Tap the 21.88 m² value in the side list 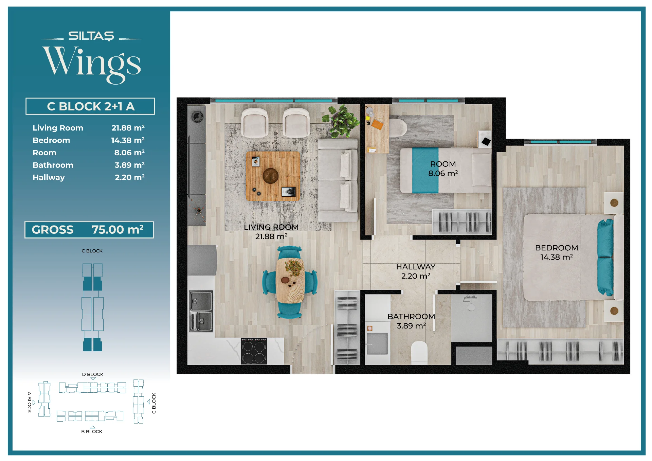point(128,128)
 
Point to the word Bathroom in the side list point(53,165)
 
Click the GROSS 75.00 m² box point(89,230)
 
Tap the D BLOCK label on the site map point(93,374)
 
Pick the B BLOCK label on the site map point(92,431)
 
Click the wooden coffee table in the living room point(273,176)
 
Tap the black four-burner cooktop point(254,351)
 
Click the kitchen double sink point(201,311)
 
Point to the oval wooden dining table point(290,281)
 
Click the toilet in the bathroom point(419,353)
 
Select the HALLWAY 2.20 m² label point(416,271)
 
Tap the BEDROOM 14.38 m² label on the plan point(557,252)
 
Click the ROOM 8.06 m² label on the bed point(443,169)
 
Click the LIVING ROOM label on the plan point(271,227)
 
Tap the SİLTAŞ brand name point(91,36)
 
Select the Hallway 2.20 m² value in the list point(130,177)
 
